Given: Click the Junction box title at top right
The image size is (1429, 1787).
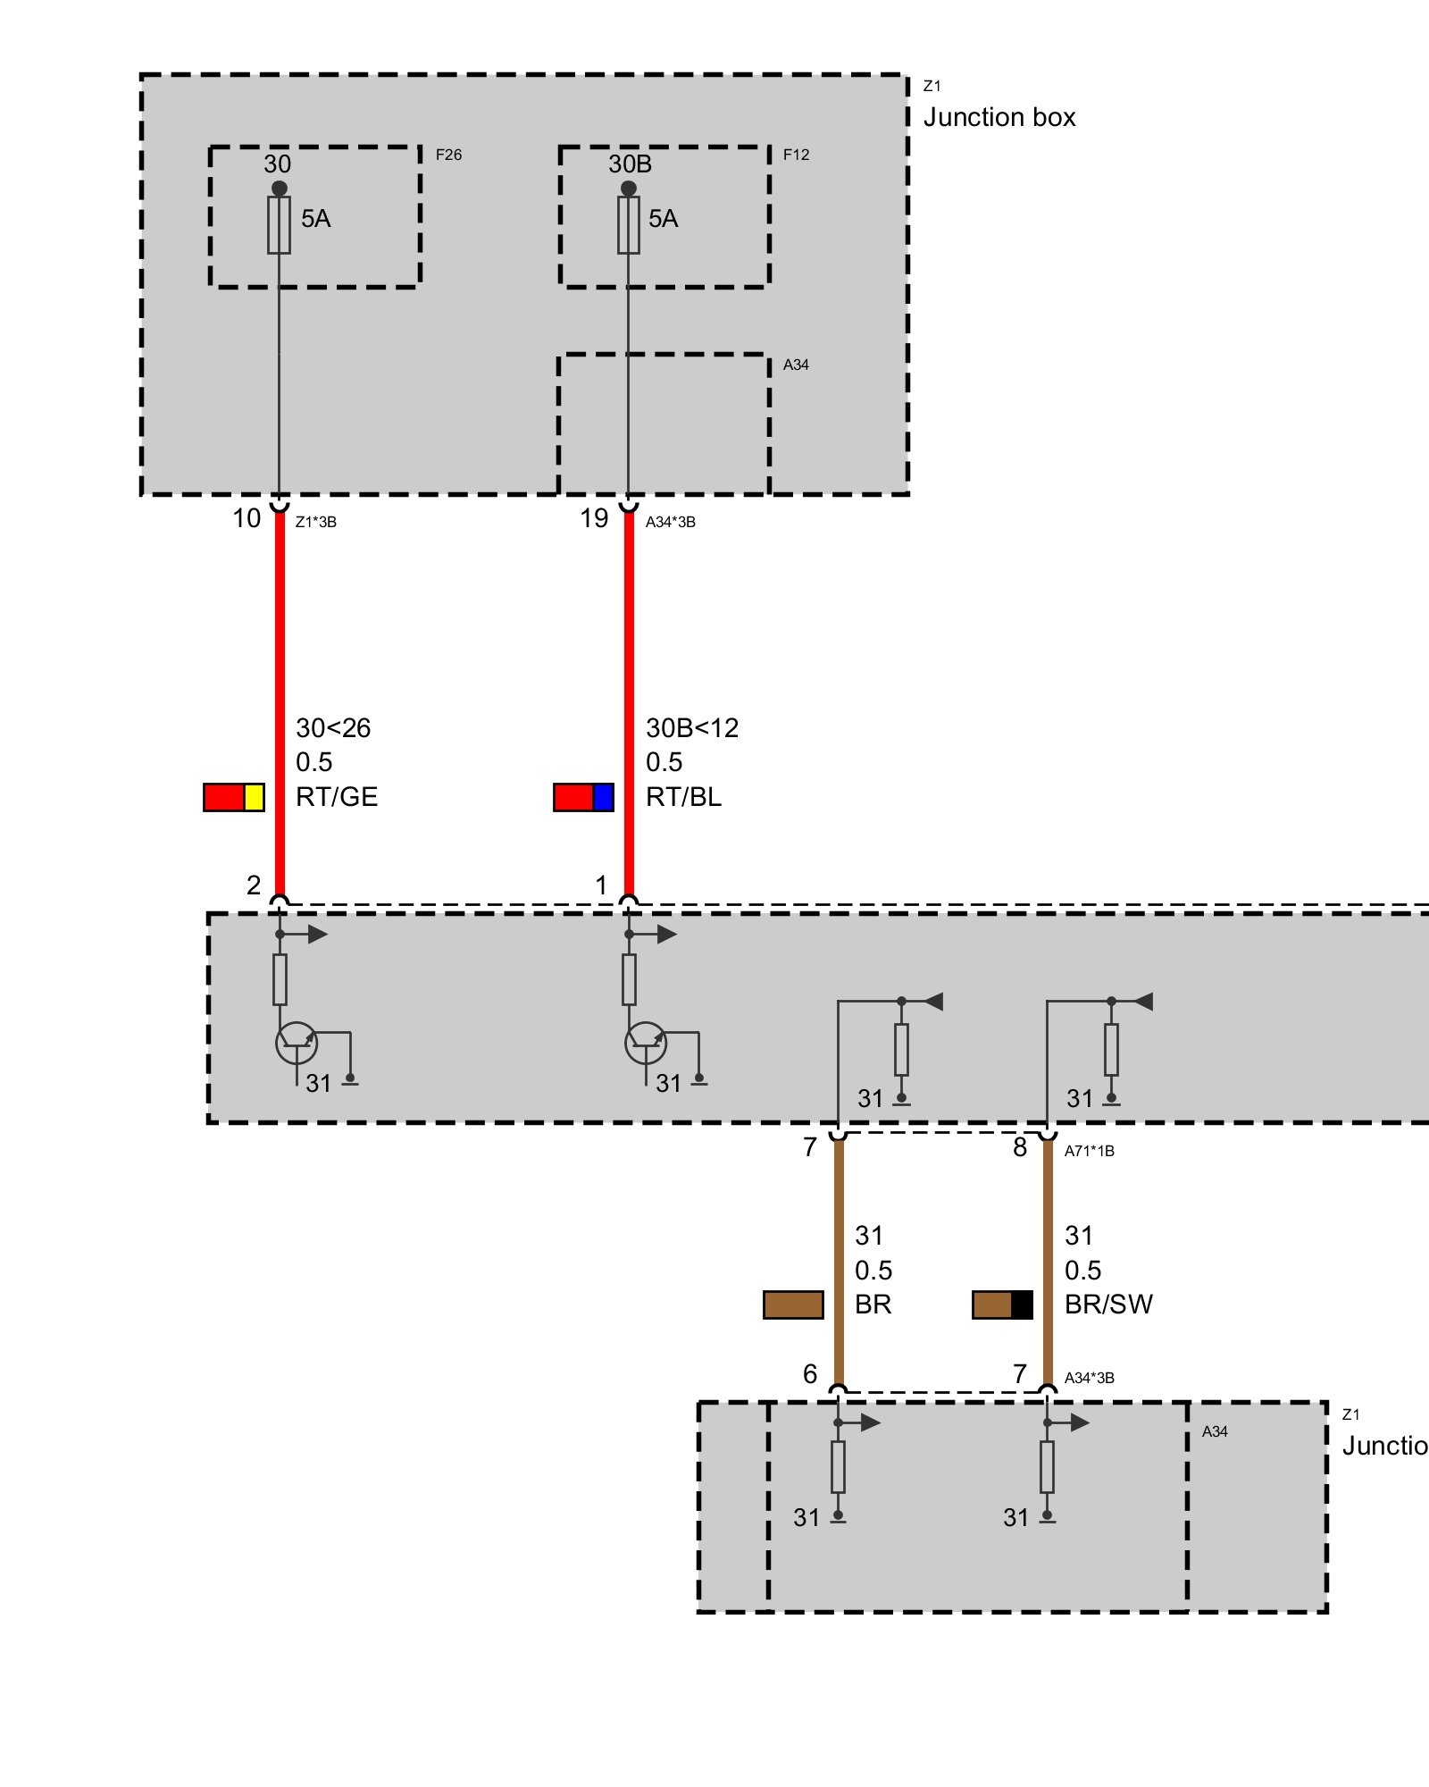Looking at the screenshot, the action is tap(999, 117).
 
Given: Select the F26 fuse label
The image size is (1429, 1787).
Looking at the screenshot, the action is tap(448, 155).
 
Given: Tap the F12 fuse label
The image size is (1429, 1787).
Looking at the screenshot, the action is tap(796, 155).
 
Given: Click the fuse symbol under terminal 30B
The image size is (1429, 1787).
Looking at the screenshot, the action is tap(629, 225).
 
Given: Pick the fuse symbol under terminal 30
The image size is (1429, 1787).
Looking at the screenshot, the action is tap(280, 225).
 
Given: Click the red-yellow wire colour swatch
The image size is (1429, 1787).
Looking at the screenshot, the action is tap(234, 797).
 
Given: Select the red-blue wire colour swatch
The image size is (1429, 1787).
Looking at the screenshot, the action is tap(583, 797).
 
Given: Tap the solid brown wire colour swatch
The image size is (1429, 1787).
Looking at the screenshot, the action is tap(793, 1305).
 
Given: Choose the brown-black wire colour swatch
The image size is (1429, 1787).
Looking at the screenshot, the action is tap(1002, 1305).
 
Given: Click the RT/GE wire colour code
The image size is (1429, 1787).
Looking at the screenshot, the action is tap(337, 797).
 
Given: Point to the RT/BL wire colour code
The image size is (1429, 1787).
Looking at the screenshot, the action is tap(683, 797).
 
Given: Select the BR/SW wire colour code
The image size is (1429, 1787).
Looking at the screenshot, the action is tap(1108, 1305).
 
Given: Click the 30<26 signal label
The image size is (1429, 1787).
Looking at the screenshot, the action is tap(333, 728).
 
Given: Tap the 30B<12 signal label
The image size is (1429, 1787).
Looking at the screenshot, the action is tap(692, 728).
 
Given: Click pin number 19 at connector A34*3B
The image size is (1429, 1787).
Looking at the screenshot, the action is tap(594, 518).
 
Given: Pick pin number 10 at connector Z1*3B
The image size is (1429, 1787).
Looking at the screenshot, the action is tap(247, 518).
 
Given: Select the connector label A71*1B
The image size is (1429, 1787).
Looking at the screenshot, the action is tap(1089, 1151).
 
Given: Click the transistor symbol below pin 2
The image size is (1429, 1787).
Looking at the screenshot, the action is tap(296, 1043).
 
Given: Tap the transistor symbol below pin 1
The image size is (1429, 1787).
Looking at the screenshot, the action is tap(645, 1043).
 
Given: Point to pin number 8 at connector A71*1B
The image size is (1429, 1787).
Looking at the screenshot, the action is tap(1020, 1147).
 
